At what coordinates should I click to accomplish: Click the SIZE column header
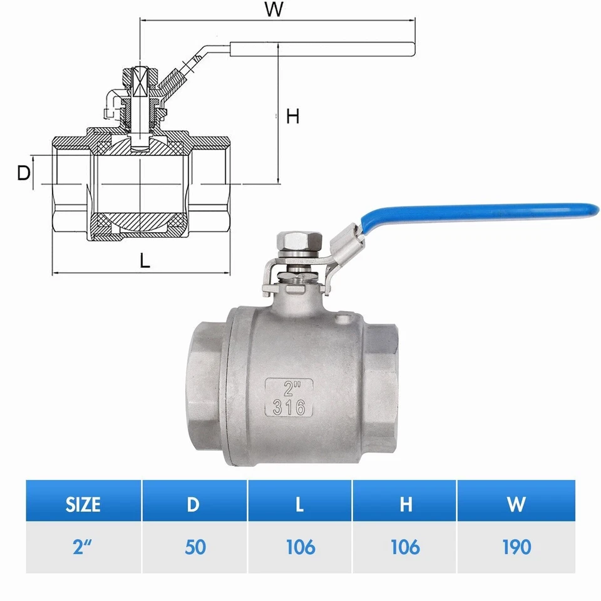[83, 504]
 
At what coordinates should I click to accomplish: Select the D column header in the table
[194, 504]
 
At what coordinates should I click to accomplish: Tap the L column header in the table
[300, 504]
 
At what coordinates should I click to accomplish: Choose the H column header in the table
[405, 504]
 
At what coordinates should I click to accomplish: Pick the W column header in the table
[516, 504]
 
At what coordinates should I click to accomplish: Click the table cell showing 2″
[83, 547]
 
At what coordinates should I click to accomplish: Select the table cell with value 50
[194, 547]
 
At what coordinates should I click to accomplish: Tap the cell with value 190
[516, 547]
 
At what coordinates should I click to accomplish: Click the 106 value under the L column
[300, 547]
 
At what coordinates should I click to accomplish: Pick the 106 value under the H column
[405, 547]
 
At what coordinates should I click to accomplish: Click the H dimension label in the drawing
[292, 116]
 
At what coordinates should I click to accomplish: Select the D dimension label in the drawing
[23, 173]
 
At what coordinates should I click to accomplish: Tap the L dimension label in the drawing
[145, 260]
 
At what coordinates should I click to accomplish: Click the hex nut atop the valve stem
[297, 242]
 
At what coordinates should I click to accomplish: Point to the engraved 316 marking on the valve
[289, 408]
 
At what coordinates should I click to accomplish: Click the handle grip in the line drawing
[322, 48]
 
